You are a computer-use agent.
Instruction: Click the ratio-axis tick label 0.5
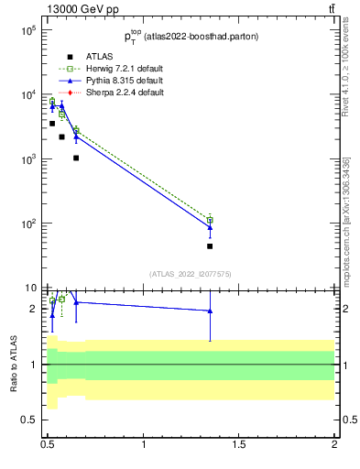[x=27, y=420]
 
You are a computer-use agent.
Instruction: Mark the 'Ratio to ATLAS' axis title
[x=12, y=364]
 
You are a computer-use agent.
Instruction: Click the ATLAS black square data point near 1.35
[x=210, y=245]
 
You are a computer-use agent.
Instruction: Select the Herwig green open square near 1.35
[x=210, y=220]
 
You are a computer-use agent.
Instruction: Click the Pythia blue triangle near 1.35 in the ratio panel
[x=210, y=311]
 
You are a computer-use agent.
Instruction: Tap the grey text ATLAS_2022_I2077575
[x=190, y=273]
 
